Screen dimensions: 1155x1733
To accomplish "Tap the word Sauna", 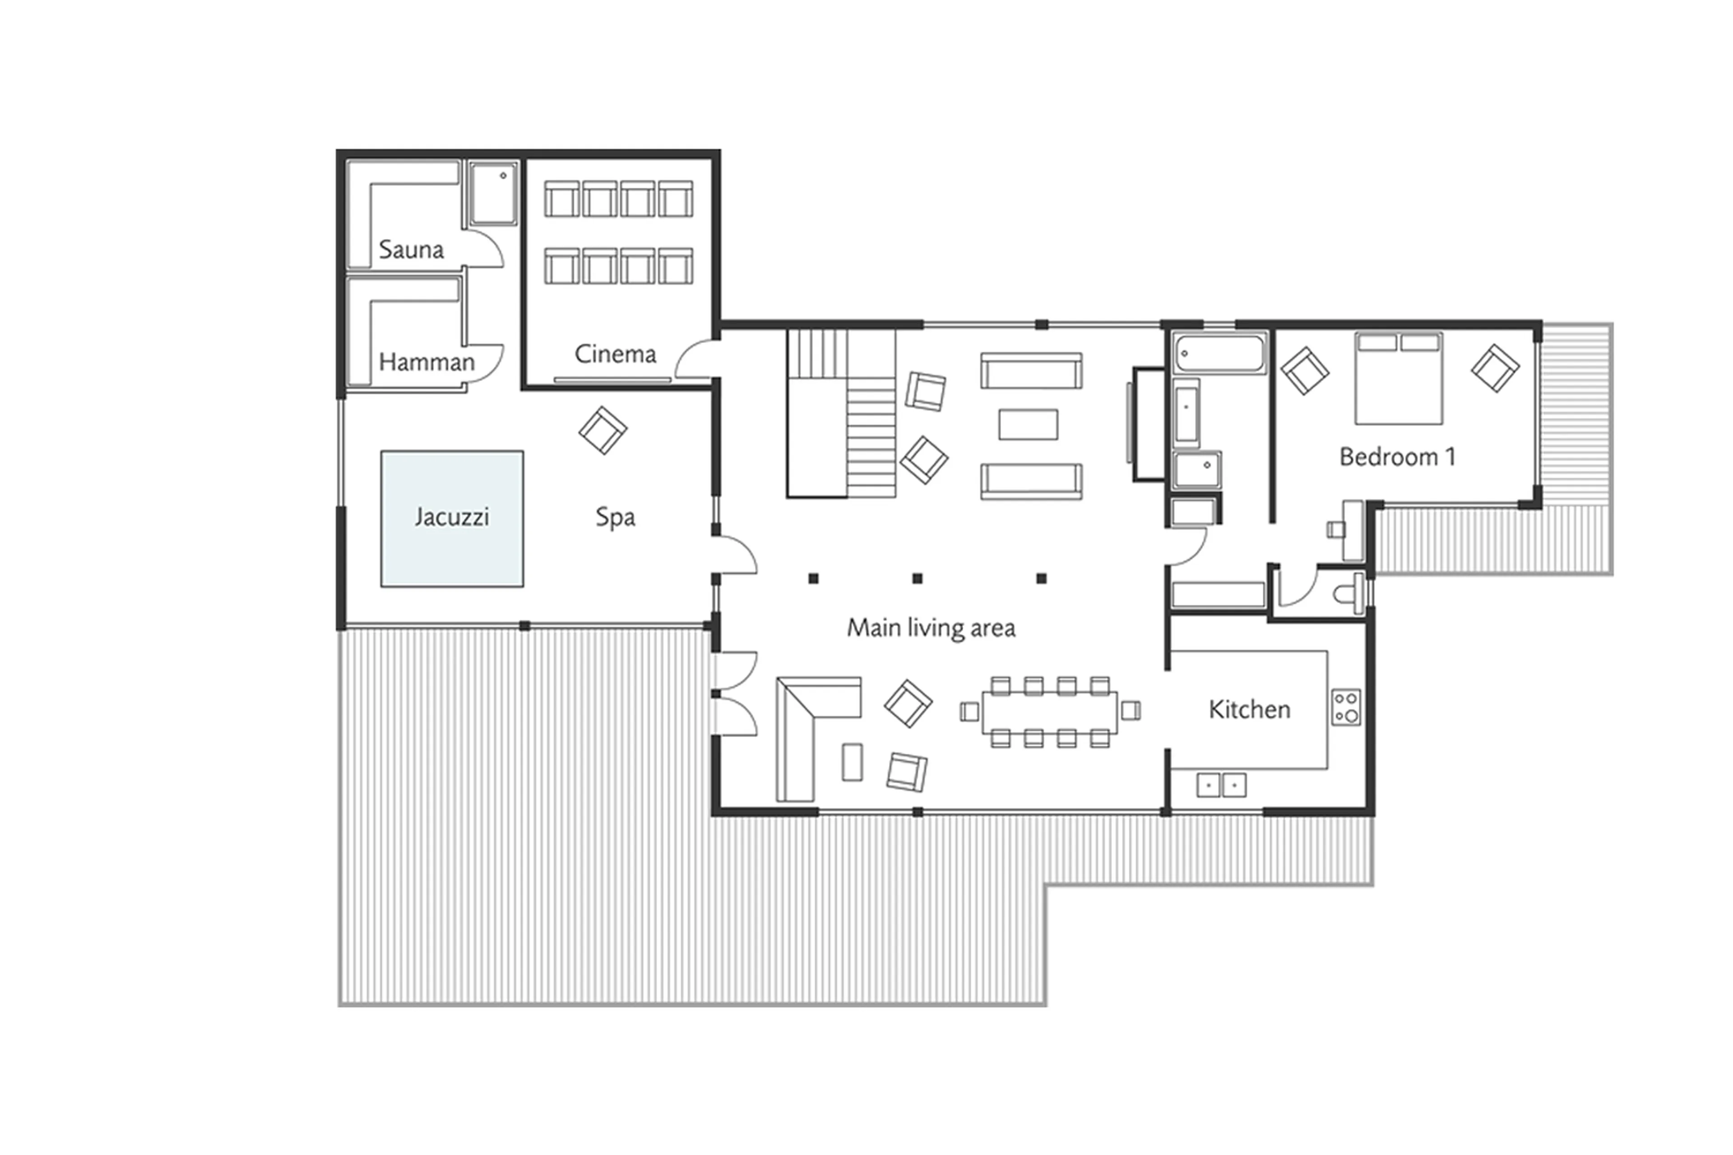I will (411, 250).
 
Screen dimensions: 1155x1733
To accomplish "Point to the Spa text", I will (615, 517).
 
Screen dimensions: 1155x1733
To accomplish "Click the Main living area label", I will (931, 627).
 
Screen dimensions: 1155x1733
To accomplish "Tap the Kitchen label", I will (1249, 710).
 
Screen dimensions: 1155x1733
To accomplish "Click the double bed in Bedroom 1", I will (1398, 379).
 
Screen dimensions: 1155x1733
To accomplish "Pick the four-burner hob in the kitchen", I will (1346, 707).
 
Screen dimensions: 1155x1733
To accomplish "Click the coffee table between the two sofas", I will (1028, 424).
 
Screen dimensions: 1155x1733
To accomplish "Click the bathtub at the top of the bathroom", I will (1220, 353).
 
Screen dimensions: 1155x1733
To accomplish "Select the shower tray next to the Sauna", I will (493, 194).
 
